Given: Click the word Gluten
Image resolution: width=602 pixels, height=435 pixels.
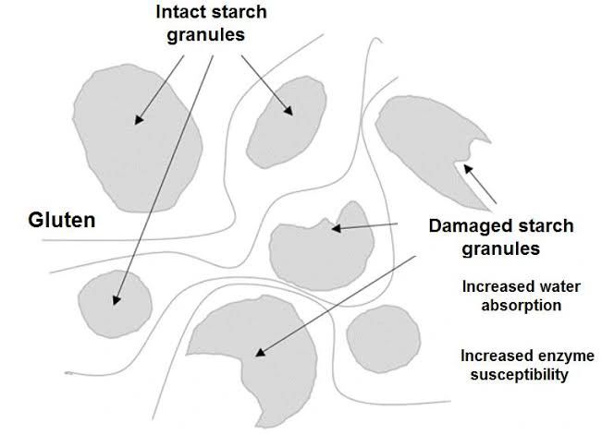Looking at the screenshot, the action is coord(63,220).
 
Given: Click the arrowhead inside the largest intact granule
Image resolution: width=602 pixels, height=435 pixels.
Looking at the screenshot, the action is coord(140,119).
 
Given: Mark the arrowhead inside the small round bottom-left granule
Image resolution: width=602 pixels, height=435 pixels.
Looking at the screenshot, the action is coord(116,300).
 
